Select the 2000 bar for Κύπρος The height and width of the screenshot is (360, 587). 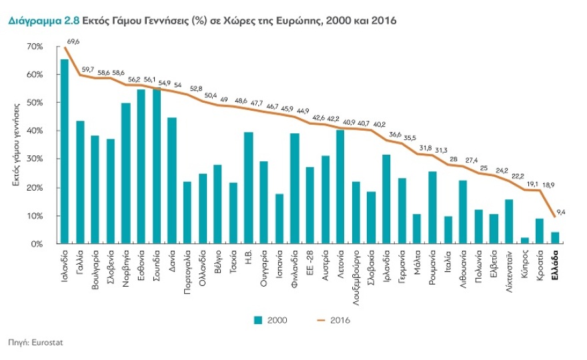(524, 241)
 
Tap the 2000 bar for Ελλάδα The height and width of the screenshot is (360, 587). (555, 238)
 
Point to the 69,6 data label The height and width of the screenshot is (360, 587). (73, 41)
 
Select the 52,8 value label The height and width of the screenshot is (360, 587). (196, 88)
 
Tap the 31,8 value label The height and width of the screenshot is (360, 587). (425, 147)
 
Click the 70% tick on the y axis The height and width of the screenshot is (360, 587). (35, 47)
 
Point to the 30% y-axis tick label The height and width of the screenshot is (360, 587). (35, 159)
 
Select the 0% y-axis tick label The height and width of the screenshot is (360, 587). (37, 245)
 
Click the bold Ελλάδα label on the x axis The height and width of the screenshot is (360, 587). (556, 263)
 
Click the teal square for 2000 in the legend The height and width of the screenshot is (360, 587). (257, 320)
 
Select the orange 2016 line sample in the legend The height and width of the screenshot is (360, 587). (323, 320)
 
